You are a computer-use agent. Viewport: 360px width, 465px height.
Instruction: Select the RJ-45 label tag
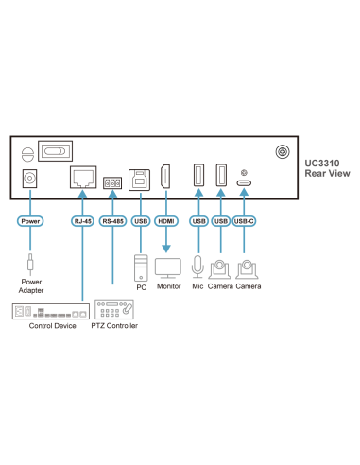coord(82,221)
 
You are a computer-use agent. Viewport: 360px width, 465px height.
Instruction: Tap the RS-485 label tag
coord(112,221)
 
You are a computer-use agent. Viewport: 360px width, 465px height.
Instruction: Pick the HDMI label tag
coord(165,221)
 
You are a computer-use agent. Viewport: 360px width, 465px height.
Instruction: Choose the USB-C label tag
coord(245,221)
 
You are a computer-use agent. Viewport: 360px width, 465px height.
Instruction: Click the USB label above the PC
coord(141,221)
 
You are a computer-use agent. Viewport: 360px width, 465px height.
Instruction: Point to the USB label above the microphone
coord(198,221)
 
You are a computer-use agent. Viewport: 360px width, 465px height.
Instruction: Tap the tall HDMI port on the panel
coord(165,178)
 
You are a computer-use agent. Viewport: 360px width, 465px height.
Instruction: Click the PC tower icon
coord(141,267)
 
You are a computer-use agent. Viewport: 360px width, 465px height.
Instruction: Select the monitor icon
coord(168,267)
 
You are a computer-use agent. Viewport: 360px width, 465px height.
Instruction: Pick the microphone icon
coord(198,267)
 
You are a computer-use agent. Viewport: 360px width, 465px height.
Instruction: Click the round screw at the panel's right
coord(281,152)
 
